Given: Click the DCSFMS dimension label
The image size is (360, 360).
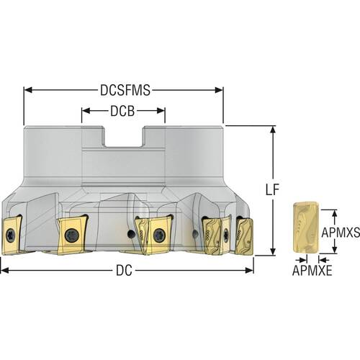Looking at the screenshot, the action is tap(125, 90).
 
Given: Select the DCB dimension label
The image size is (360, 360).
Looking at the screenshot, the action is tap(122, 111).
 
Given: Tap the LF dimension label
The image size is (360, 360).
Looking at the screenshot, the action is tap(273, 189).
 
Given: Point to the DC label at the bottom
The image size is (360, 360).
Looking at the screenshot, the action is tap(124, 271).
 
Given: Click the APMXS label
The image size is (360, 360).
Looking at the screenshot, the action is tap(341, 232).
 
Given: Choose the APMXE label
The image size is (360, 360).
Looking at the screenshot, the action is tap(312, 271).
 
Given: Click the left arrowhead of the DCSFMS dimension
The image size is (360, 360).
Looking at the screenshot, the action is tap(28, 90).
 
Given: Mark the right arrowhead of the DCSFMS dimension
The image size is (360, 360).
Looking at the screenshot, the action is tap(219, 90).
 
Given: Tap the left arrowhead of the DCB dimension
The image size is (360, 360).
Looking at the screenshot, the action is tap(86, 111).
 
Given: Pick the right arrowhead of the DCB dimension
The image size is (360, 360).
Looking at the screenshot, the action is tap(161, 111).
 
